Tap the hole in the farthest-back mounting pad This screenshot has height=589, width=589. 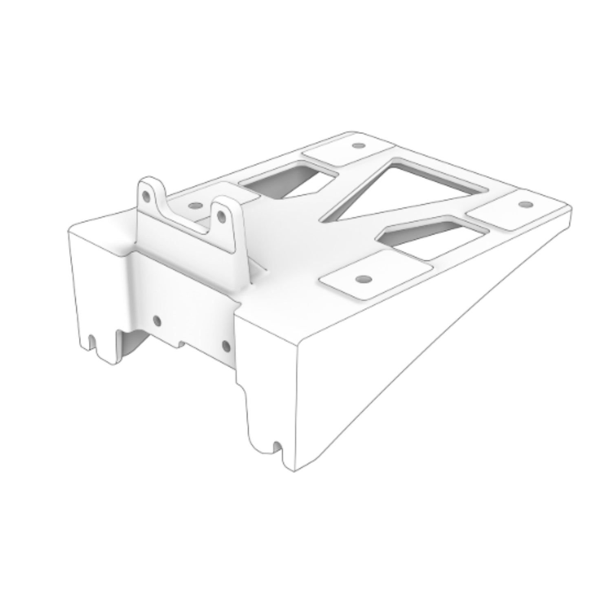click(359, 145)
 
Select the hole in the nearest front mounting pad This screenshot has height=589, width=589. click(363, 279)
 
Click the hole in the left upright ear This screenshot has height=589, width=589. click(146, 196)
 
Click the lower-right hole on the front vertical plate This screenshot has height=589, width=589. click(226, 346)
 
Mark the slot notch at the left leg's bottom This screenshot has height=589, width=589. click(93, 342)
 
